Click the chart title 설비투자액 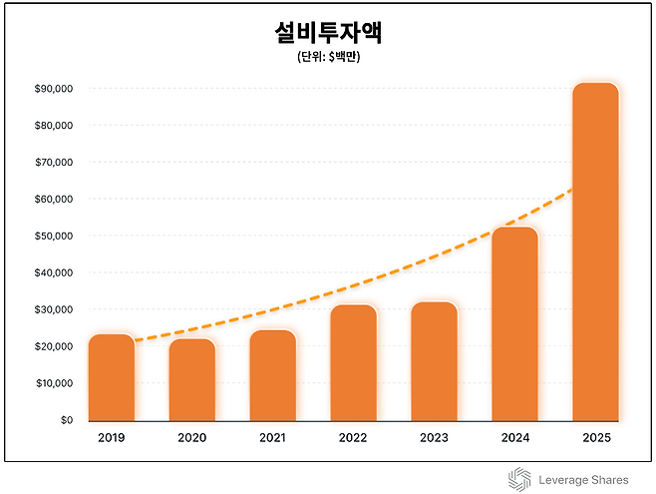328,33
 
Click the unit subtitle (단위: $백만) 328,58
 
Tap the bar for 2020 192,380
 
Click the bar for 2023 434,361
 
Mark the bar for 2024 514,324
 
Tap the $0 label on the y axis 66,420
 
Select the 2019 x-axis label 112,438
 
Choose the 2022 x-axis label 354,438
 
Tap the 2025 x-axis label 595,438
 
